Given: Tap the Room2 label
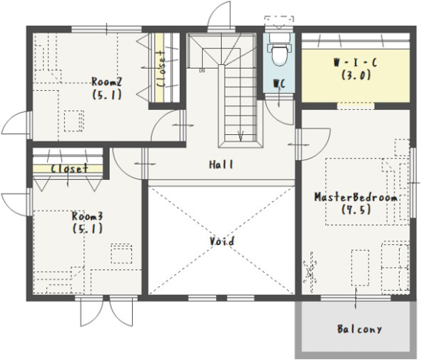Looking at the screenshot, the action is pyautogui.click(x=107, y=82).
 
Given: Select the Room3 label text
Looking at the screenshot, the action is pyautogui.click(x=87, y=216).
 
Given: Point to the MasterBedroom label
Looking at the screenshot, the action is pyautogui.click(x=356, y=198).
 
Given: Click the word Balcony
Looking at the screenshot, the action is pyautogui.click(x=359, y=329).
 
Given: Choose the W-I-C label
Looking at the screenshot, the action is pyautogui.click(x=355, y=63).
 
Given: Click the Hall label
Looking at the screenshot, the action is pyautogui.click(x=221, y=165).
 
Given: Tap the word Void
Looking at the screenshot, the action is pyautogui.click(x=222, y=241).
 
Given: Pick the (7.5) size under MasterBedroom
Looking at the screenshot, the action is pyautogui.click(x=356, y=210).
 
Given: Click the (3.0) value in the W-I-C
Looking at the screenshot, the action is pyautogui.click(x=356, y=75).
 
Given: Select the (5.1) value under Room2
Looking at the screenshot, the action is pyautogui.click(x=107, y=94).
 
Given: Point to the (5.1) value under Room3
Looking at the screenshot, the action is pyautogui.click(x=88, y=229).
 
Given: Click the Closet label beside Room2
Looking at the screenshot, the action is pyautogui.click(x=161, y=69).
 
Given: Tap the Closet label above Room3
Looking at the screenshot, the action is pyautogui.click(x=69, y=169).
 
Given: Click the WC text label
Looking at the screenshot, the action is pyautogui.click(x=279, y=84).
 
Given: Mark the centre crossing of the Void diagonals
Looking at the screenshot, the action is pyautogui.click(x=222, y=240).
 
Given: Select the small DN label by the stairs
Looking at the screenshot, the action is pyautogui.click(x=201, y=71).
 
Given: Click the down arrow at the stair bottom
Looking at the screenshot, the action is pyautogui.click(x=241, y=136).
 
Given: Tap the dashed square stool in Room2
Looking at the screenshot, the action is pyautogui.click(x=74, y=121).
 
